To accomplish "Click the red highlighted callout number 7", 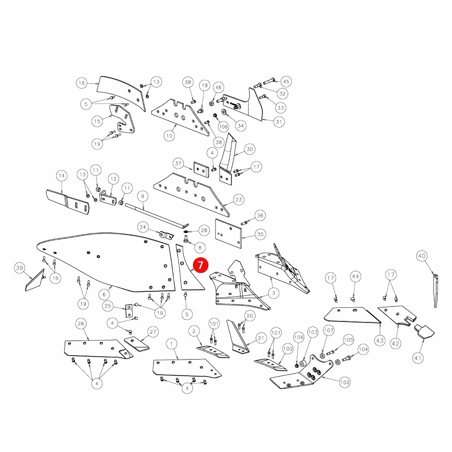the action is (200, 265).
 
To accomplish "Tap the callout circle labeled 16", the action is (82, 83).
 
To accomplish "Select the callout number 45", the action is (286, 81).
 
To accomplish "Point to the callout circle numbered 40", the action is (422, 256).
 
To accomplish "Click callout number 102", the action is (345, 382).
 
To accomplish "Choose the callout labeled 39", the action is (19, 268).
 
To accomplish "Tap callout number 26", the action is (81, 323).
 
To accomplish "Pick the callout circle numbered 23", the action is (239, 199).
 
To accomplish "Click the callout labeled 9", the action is (143, 196).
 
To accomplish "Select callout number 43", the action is (380, 341).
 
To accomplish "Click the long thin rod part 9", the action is (157, 215).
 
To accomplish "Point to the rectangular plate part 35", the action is (229, 234).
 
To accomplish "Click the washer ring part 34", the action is (224, 112).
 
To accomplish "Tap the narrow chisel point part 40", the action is (435, 291).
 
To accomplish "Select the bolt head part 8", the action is (186, 239).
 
